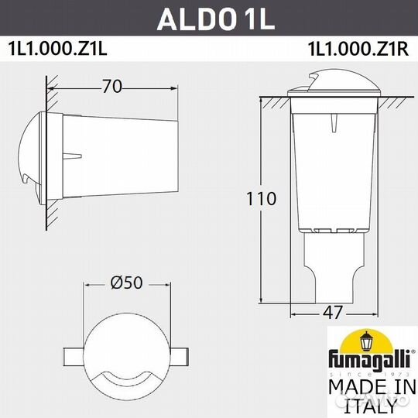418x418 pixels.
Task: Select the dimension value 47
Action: coord(332,313)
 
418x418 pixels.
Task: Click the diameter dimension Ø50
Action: coord(126,283)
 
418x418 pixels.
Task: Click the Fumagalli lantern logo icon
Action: coord(364,341)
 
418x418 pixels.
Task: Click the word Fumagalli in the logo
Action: coord(363,364)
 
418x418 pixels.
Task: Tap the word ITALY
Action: coord(363,403)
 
